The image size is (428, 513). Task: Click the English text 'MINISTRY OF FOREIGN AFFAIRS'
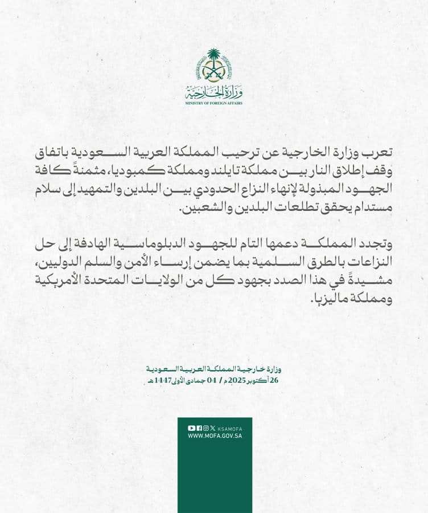click(x=214, y=104)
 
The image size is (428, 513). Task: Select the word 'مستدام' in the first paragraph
click(x=372, y=209)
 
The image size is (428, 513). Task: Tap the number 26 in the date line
click(x=278, y=379)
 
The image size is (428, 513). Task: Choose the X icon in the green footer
click(x=212, y=427)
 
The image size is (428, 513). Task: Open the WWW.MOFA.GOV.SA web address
click(x=213, y=436)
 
